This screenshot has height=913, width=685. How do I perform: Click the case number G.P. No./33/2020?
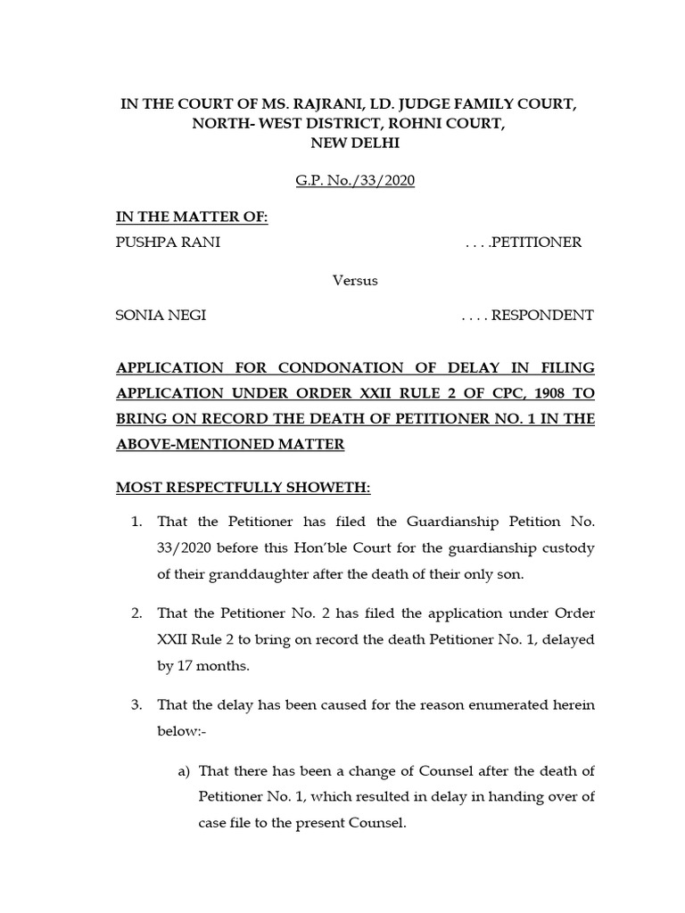355,181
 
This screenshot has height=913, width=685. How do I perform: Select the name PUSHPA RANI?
168,243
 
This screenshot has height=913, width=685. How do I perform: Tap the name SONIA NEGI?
161,315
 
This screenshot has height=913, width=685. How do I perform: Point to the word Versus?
355,279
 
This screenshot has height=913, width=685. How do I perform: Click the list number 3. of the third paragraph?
136,705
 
